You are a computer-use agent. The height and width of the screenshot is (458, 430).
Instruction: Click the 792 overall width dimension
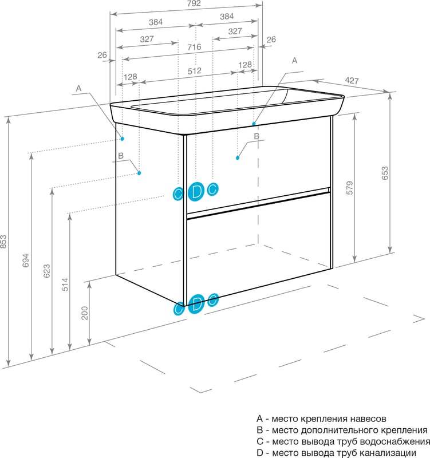(194, 3)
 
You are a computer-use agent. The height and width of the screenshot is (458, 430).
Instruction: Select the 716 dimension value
(194, 47)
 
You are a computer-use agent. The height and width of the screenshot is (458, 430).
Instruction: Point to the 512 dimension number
(195, 70)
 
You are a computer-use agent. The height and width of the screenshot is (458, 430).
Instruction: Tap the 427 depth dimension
(352, 80)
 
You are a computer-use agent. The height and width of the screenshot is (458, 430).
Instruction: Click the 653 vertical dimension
(385, 173)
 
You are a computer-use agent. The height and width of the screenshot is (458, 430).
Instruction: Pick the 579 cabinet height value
(349, 188)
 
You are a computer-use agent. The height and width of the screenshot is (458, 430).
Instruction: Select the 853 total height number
(3, 242)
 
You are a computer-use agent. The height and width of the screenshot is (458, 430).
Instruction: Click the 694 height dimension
(26, 260)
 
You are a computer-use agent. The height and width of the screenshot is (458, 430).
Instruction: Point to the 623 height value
(47, 271)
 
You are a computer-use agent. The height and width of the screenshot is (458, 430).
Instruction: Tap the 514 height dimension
(65, 285)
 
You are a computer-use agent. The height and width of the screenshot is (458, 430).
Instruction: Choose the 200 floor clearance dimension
(85, 313)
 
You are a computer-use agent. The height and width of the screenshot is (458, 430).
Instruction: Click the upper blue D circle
(196, 192)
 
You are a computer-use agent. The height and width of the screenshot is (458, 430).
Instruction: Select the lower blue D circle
(196, 304)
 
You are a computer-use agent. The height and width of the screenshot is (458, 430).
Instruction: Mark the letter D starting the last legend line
(260, 453)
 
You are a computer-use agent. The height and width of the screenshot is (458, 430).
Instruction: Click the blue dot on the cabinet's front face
(238, 158)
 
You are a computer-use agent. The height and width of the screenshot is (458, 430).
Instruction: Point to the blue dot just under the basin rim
(254, 124)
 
